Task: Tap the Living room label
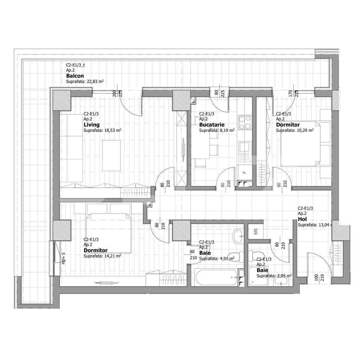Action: (91, 125)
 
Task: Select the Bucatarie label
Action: (212, 125)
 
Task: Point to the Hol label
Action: (302, 219)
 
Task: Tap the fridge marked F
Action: (244, 172)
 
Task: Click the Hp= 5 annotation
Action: (63, 258)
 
